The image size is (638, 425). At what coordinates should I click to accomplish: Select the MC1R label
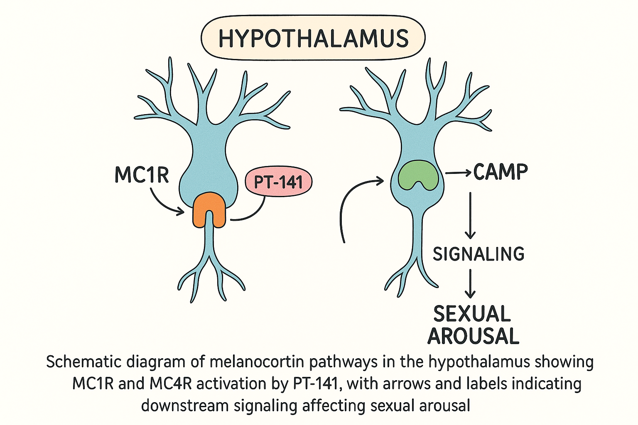click(x=142, y=175)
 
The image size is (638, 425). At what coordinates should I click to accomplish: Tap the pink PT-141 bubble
click(x=278, y=182)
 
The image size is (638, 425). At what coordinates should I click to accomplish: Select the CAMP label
click(x=500, y=172)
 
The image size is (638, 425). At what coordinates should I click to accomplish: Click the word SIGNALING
click(x=478, y=254)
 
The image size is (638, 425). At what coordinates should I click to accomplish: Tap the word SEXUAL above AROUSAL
click(x=472, y=314)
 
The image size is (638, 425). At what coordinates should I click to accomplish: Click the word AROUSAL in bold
click(x=474, y=336)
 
